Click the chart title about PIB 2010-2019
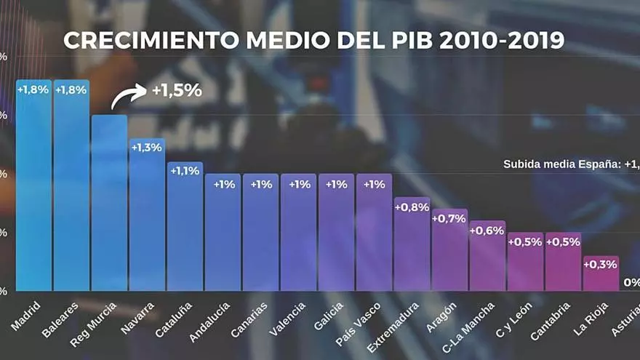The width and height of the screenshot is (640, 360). tap(313, 40)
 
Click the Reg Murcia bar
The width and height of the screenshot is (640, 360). tap(109, 204)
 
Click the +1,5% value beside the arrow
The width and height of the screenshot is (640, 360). tap(176, 91)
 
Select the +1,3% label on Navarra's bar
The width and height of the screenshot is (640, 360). tap(147, 148)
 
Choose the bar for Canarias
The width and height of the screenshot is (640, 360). tap(260, 233)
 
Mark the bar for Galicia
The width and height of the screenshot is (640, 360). tap(336, 233)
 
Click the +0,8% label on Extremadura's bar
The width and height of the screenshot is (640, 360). tap(412, 207)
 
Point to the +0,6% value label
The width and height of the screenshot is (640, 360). tap(487, 231)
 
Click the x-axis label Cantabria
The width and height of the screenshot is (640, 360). tap(551, 321)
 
